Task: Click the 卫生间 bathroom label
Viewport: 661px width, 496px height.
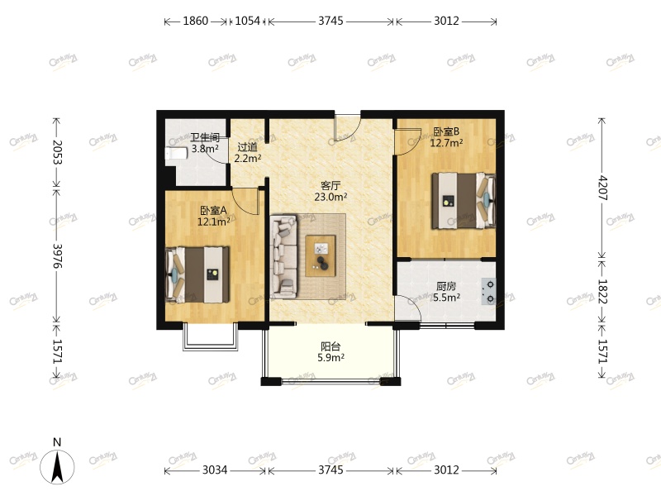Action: (x=205, y=137)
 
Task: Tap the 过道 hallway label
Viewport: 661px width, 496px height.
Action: (x=248, y=147)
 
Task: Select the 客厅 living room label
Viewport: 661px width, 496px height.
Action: (x=330, y=185)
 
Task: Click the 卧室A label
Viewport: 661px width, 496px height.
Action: (x=213, y=210)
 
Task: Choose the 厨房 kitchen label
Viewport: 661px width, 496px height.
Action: (x=446, y=287)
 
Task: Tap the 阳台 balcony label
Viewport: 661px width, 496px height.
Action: (x=330, y=346)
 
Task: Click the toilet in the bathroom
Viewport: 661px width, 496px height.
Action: (x=176, y=154)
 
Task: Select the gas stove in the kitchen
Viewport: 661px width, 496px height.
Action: (x=488, y=289)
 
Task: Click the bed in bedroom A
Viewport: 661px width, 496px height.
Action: (x=198, y=274)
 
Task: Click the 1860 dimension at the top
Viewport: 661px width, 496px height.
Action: (x=195, y=21)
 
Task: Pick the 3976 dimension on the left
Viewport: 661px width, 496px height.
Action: (x=57, y=258)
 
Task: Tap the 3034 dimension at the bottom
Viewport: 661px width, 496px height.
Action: (x=215, y=470)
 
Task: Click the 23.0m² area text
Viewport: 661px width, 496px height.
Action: (x=330, y=197)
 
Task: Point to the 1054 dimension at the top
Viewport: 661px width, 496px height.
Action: (x=248, y=21)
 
